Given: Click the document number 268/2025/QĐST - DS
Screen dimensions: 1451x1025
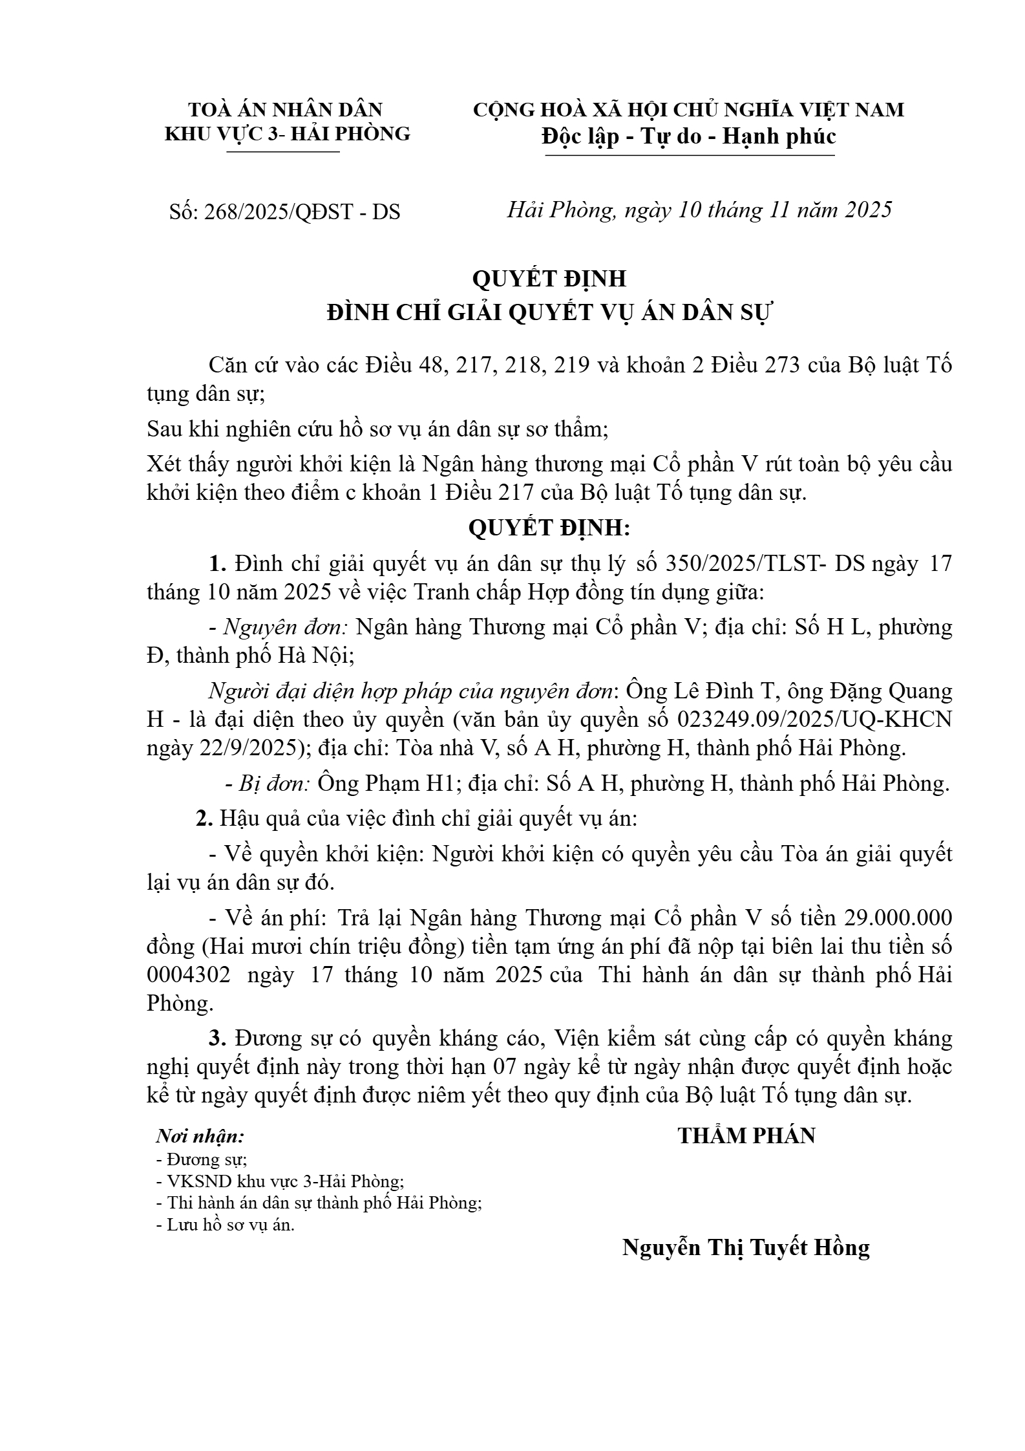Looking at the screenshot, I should tap(302, 211).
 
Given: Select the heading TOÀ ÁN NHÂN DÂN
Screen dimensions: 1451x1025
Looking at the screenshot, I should tap(285, 109).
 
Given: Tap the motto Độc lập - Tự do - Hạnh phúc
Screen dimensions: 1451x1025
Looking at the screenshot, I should tap(689, 136).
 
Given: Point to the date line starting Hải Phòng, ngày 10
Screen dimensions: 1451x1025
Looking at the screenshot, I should tap(699, 210).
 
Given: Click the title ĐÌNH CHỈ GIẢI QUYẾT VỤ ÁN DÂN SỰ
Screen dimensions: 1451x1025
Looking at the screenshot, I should tap(550, 312).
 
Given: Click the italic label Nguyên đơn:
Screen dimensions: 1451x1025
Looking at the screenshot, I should tap(286, 627).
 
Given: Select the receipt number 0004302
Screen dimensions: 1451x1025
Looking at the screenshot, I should tap(188, 974).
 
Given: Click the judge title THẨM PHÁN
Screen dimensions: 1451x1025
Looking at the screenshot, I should tap(746, 1135).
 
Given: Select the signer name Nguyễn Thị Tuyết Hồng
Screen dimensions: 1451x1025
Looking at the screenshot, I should tap(746, 1247).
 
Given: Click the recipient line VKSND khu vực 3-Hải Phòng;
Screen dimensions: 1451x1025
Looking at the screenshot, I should tap(280, 1181).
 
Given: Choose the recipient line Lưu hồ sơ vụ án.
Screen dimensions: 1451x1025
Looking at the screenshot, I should tap(226, 1225).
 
